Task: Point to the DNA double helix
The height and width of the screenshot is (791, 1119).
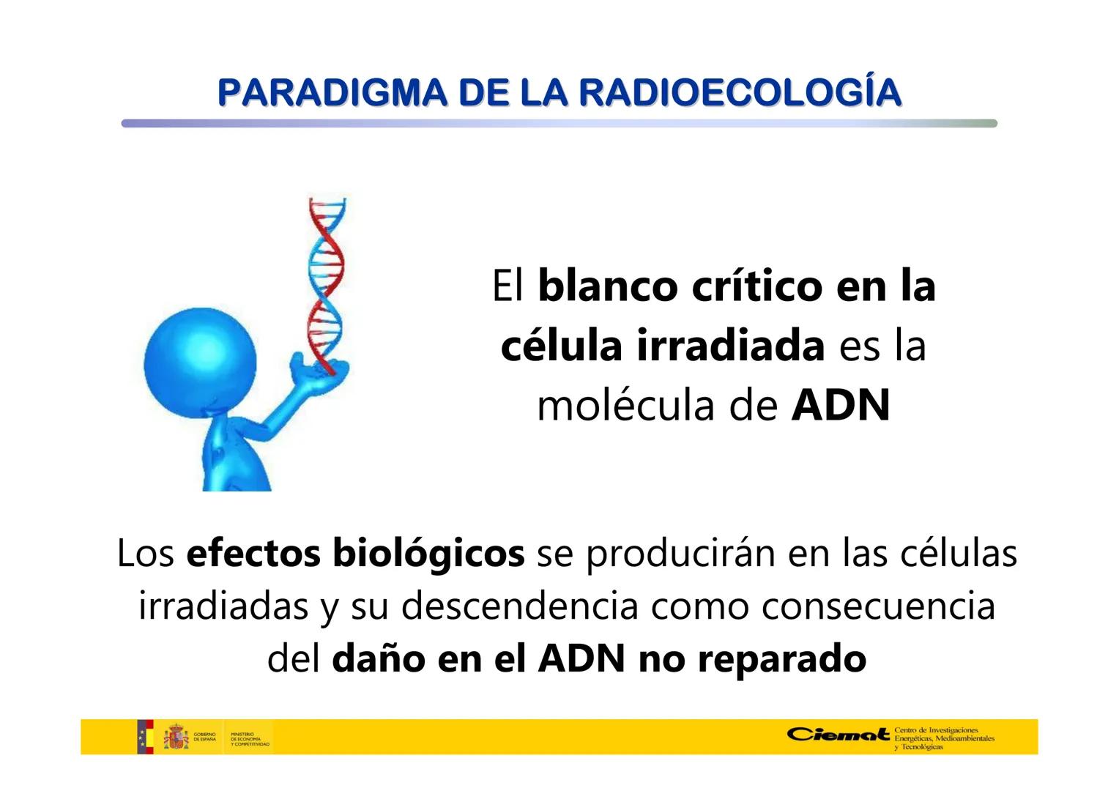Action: coord(325,278)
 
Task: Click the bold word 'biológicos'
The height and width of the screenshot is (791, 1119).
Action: coord(428,554)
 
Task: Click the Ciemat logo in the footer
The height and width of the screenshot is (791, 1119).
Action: coord(839,734)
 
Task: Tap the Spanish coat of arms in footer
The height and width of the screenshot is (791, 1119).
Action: coord(176,737)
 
